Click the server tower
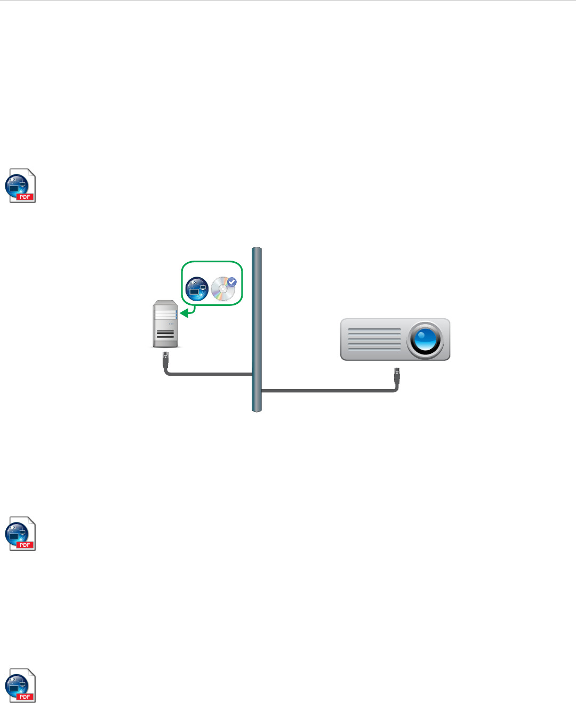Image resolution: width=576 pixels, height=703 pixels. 165,324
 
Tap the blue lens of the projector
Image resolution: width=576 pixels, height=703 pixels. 425,340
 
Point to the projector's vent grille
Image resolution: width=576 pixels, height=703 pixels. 374,339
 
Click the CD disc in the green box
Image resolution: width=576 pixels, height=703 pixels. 222,289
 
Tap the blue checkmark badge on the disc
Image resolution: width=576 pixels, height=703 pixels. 232,281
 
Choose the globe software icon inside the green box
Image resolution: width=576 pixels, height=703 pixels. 196,288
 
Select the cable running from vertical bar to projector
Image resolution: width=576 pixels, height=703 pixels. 328,391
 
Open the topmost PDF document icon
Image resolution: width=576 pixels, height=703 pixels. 21,186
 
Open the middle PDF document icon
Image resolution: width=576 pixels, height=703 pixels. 21,534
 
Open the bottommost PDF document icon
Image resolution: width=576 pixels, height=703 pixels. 21,685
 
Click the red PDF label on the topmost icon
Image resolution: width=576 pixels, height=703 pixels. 25,197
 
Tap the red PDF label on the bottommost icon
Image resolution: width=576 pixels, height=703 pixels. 25,697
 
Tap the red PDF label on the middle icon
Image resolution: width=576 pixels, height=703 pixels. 25,545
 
